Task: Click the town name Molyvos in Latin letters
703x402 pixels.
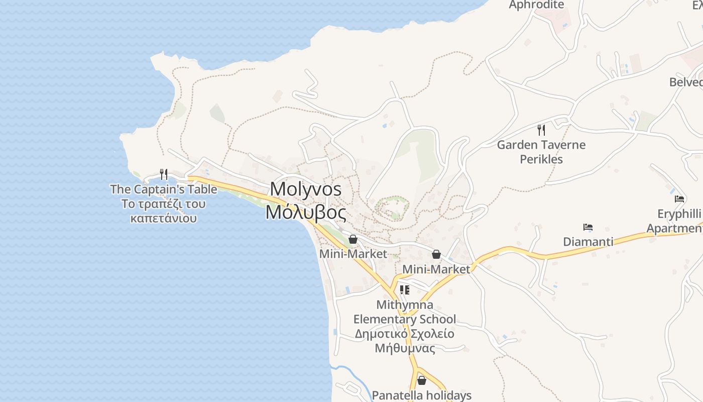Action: [306, 189]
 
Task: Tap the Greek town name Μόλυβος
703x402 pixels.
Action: [306, 212]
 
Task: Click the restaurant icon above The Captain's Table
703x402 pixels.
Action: [164, 174]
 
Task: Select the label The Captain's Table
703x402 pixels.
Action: [164, 189]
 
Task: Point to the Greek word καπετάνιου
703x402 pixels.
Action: [164, 219]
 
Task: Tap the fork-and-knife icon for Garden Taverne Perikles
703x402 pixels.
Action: [541, 130]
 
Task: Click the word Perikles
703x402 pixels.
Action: [541, 159]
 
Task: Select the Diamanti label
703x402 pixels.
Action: [588, 242]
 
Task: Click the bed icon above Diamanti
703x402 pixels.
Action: [588, 227]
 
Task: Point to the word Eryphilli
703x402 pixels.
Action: [679, 214]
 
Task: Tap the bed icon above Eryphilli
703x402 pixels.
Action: [679, 199]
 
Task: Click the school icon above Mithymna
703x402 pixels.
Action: [404, 289]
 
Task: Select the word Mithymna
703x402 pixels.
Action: [405, 305]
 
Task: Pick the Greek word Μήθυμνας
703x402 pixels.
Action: [405, 348]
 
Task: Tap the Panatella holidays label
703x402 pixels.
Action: [422, 395]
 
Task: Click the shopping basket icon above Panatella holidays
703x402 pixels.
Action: [422, 380]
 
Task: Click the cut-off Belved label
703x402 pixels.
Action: [686, 82]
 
